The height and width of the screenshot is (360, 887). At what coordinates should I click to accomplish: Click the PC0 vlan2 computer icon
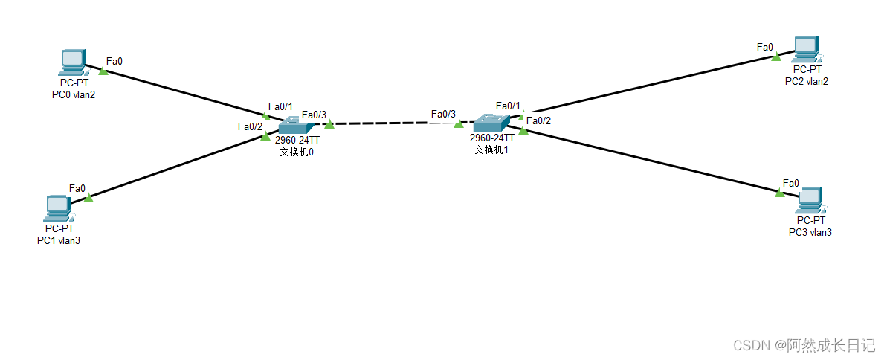[72, 62]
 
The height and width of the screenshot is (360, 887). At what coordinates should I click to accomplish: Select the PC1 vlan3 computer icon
[57, 208]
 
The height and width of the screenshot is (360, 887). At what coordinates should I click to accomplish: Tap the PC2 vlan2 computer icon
[805, 49]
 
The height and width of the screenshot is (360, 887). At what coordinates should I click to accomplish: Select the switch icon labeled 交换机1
[491, 122]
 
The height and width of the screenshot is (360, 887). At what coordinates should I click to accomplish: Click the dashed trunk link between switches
[394, 123]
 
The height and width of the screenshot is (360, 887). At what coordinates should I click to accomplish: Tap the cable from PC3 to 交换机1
[654, 161]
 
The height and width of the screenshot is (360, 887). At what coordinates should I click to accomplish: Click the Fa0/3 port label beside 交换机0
[314, 115]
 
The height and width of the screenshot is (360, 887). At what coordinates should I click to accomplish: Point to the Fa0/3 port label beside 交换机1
[443, 114]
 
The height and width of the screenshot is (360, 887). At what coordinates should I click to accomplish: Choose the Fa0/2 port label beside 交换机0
[250, 126]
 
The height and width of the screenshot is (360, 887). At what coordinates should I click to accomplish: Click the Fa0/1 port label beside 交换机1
[508, 106]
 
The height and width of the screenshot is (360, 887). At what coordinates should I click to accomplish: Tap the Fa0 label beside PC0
[114, 61]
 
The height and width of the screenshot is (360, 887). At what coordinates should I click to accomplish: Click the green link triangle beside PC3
[779, 193]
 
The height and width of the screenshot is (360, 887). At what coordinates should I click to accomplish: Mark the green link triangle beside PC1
[88, 197]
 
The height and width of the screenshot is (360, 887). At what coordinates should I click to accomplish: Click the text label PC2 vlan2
[806, 81]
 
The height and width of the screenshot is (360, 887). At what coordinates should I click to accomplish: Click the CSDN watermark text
[804, 345]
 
